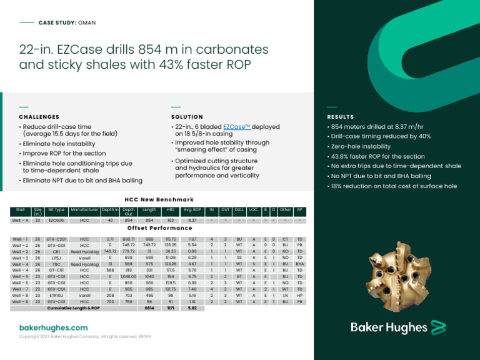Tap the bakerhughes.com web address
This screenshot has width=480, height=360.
pos(54,327)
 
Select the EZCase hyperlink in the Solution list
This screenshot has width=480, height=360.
pos(237,127)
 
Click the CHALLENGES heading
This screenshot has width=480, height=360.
pos(39,117)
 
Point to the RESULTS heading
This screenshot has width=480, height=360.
pos(341,117)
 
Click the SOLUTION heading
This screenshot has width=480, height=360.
pos(187,117)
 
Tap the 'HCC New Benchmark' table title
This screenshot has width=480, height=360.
pos(159,199)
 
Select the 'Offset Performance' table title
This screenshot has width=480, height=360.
pos(159,228)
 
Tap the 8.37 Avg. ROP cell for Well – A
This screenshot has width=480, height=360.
pos(192,221)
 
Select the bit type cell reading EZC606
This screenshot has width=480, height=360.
pos(56,221)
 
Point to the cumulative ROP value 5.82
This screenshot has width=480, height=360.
pos(192,308)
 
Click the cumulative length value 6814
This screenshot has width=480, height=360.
pos(149,308)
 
